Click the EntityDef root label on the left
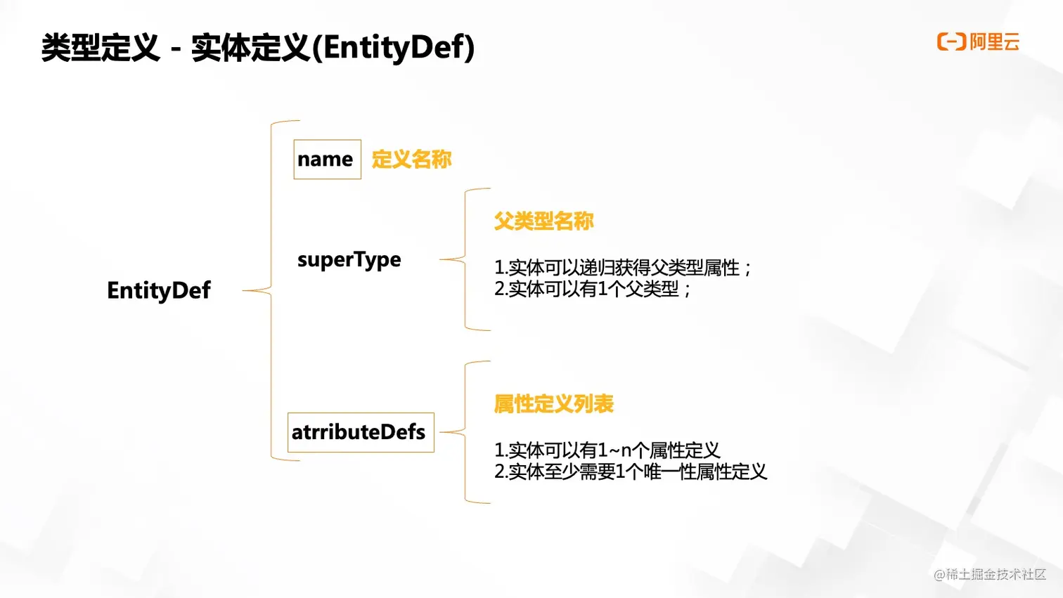[x=158, y=290]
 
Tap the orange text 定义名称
[x=411, y=160]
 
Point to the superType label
[x=349, y=260]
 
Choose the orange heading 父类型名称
[x=543, y=221]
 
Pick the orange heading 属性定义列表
[x=553, y=404]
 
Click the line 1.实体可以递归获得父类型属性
[x=622, y=268]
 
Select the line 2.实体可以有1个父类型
[x=592, y=289]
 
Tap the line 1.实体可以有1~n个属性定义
[x=607, y=450]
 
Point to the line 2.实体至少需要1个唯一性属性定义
[x=630, y=472]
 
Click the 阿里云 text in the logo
[x=994, y=42]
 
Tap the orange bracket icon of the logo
[x=951, y=42]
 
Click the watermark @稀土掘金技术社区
[x=989, y=574]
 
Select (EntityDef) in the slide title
[x=393, y=48]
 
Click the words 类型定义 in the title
[x=101, y=48]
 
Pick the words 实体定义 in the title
[x=250, y=48]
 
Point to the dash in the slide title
[x=176, y=49]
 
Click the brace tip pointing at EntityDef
[x=244, y=290]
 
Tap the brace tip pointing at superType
[x=442, y=260]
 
